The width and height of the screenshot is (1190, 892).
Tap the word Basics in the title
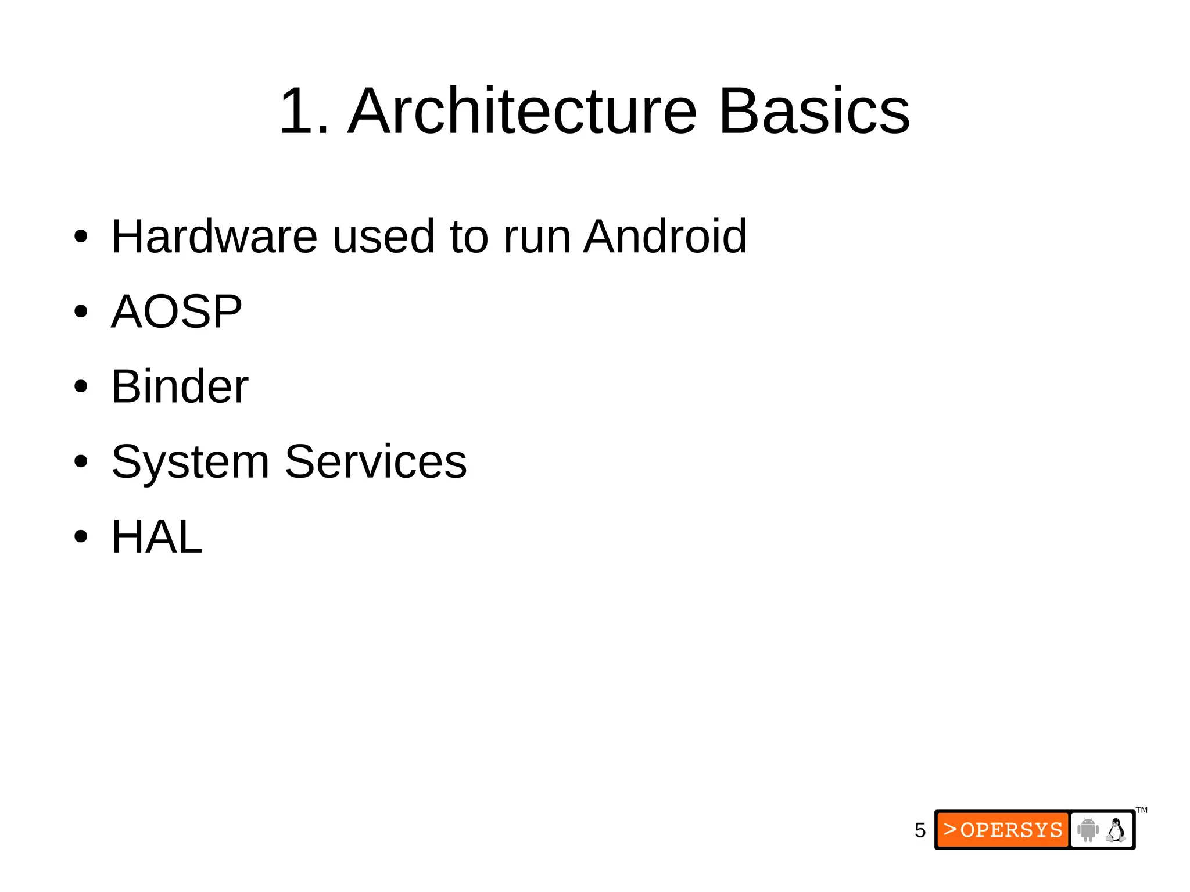pos(814,111)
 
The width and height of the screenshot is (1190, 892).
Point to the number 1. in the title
pos(304,111)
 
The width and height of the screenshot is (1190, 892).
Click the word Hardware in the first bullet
pos(214,237)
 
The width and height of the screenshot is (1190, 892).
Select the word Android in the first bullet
pos(665,237)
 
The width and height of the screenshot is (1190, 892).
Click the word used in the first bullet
pos(383,237)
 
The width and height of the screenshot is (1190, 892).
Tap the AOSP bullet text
pos(176,311)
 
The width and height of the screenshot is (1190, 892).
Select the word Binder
pos(180,386)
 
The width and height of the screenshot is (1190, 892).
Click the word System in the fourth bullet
pos(190,463)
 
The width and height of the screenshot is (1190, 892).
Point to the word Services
pos(375,461)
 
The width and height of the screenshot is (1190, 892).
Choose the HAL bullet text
pos(157,537)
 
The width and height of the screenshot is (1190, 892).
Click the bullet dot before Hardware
pos(81,237)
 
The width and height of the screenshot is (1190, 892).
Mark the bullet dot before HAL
pos(81,537)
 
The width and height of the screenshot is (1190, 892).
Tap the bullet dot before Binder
pos(81,387)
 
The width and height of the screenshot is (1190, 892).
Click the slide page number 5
pos(920,830)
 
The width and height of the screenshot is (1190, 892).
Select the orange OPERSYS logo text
pos(1003,830)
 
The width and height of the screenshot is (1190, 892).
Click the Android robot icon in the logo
pos(1088,829)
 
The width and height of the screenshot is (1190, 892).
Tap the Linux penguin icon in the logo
pos(1116,829)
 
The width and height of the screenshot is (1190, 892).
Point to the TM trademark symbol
pos(1142,810)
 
